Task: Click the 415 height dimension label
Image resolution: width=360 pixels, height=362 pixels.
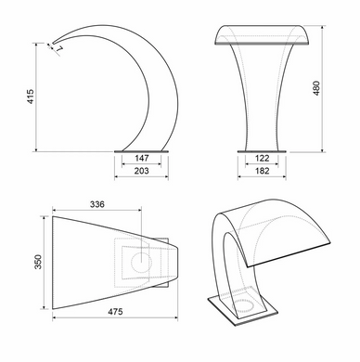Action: (31, 97)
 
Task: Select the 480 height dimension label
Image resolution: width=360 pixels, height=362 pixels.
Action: (316, 88)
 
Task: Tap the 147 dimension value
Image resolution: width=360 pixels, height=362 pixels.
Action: (142, 158)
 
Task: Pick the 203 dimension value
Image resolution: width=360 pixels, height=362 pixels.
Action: (141, 171)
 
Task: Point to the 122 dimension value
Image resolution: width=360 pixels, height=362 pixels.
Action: (262, 159)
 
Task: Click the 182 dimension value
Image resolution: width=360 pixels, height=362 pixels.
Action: (262, 171)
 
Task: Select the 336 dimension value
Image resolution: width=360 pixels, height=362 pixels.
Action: (97, 204)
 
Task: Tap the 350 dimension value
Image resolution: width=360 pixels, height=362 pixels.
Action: (38, 262)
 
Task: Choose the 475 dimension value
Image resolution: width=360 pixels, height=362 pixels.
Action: (115, 312)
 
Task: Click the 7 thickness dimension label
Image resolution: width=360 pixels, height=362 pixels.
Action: (59, 49)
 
